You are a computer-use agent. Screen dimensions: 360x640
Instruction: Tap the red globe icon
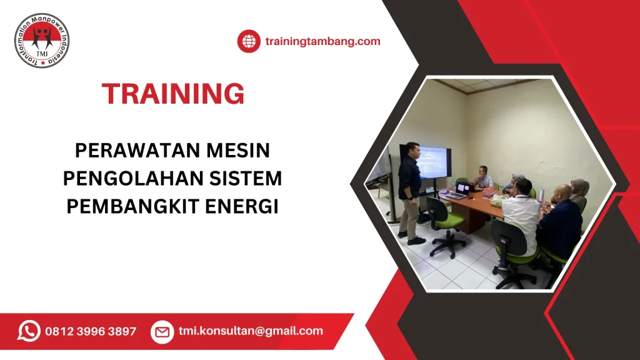tap(249, 41)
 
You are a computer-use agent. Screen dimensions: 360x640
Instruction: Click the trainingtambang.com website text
tap(322, 41)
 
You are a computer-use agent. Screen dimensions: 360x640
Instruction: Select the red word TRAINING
tap(173, 94)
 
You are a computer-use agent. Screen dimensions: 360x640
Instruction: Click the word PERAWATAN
tap(131, 151)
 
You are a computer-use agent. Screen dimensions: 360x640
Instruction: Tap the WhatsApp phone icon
tap(29, 331)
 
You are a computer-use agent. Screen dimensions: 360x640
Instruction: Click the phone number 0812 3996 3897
tap(91, 331)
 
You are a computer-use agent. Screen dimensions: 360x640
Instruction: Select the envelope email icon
tap(162, 331)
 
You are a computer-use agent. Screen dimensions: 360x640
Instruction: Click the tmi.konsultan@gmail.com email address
tap(251, 331)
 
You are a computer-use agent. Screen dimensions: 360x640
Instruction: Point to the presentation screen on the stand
tap(433, 162)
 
